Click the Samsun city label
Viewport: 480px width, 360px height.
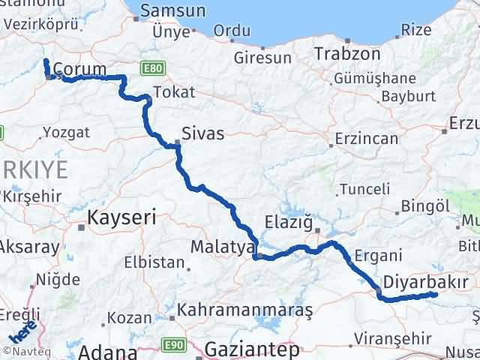(172, 11)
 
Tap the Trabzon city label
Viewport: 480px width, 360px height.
(343, 54)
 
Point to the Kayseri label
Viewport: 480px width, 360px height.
(121, 218)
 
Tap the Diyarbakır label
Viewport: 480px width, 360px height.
(425, 281)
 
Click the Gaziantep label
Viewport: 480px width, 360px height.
(251, 349)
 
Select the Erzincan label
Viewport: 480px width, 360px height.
(366, 139)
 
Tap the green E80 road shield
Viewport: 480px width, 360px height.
(152, 68)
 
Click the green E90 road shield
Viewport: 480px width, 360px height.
(174, 344)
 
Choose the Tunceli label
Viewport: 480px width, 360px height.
(364, 189)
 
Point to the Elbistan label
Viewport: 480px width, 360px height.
(154, 262)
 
